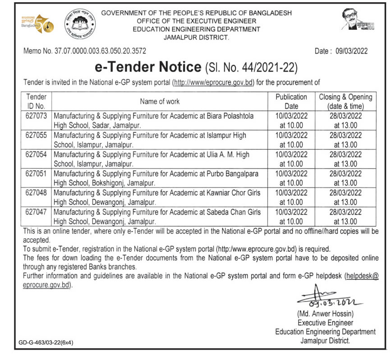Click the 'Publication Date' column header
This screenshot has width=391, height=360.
[x=291, y=101]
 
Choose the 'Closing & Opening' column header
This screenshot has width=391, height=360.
[x=345, y=101]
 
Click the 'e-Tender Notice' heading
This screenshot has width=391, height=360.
[x=147, y=68]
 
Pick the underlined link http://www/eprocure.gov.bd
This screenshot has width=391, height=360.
[x=214, y=82]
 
